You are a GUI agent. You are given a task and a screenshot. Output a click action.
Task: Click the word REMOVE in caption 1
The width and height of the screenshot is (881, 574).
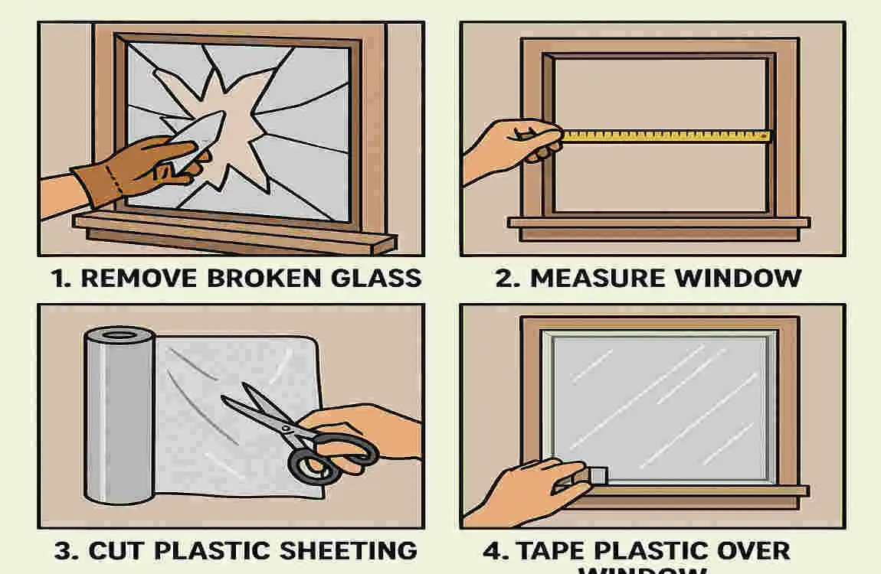coord(134,278)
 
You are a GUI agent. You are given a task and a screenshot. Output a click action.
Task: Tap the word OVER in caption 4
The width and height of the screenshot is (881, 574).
coord(752,550)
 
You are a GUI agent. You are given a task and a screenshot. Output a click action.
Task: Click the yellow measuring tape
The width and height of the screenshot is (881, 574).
coord(666,136)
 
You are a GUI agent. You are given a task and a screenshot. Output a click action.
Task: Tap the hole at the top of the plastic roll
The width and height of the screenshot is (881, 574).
coord(119,336)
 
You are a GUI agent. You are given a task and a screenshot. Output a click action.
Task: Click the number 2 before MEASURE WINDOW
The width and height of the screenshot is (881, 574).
coord(503,278)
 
